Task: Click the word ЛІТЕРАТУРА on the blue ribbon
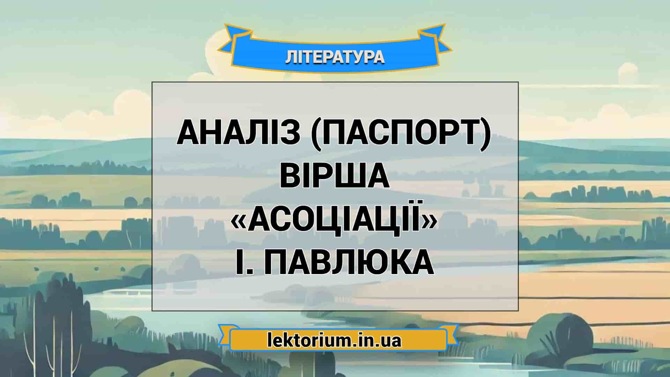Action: pyautogui.click(x=335, y=57)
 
